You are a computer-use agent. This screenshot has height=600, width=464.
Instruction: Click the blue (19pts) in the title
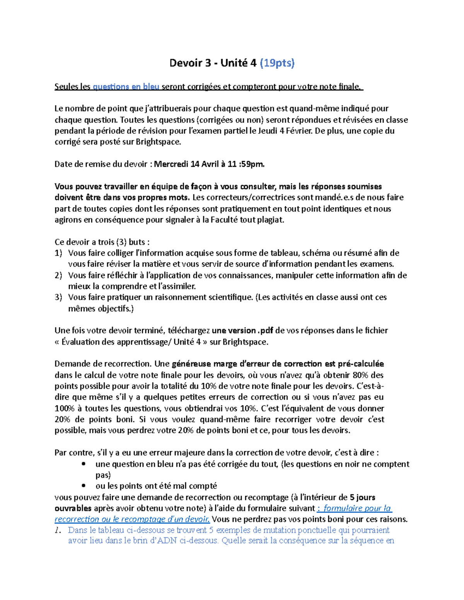coord(277,63)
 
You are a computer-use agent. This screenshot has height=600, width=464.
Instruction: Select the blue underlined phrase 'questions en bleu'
coord(126,87)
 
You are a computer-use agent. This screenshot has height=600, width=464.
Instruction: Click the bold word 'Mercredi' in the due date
coord(171,164)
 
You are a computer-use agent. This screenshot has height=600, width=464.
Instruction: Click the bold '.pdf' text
coord(265,331)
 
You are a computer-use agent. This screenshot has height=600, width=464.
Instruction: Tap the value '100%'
coord(65,408)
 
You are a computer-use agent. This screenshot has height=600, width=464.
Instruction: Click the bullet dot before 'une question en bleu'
coord(84,464)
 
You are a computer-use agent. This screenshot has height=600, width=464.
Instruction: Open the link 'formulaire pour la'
coord(357,508)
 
